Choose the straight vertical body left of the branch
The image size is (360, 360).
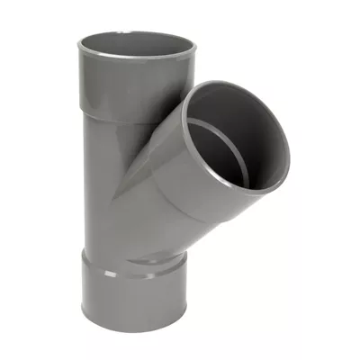(x=108, y=180)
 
